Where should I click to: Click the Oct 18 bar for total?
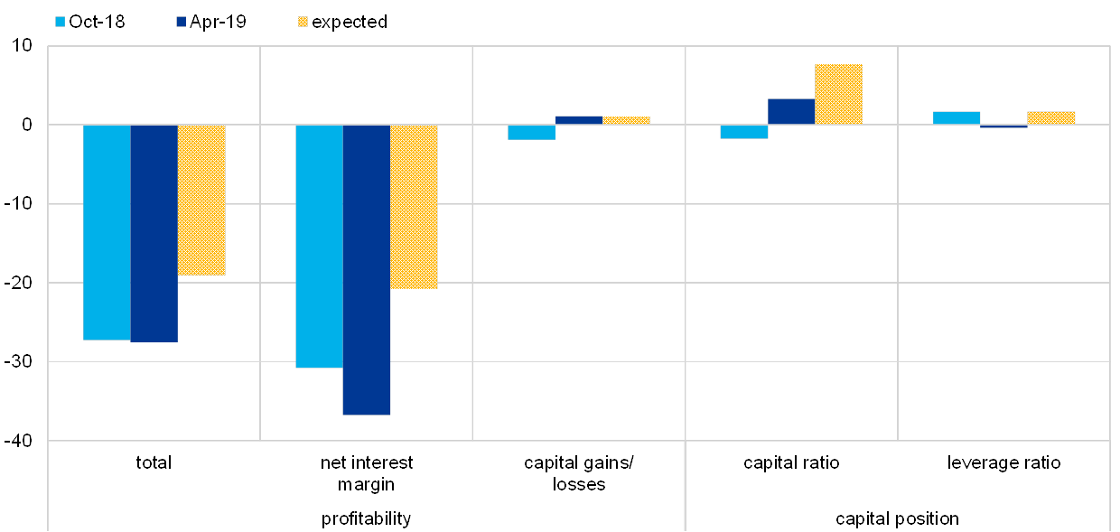click(x=107, y=232)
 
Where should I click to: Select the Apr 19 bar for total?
click(x=154, y=233)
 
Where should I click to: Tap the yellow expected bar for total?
click(x=201, y=200)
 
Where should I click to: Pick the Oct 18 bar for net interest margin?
click(x=319, y=246)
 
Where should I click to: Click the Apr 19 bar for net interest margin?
click(x=367, y=269)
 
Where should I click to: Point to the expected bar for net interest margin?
click(x=414, y=207)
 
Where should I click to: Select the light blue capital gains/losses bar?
click(x=531, y=132)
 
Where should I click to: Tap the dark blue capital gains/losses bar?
click(x=579, y=119)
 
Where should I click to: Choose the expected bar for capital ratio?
click(x=838, y=94)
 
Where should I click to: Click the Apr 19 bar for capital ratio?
click(x=791, y=111)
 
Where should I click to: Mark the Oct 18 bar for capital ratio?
click(x=743, y=132)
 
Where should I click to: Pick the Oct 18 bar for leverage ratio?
click(x=957, y=117)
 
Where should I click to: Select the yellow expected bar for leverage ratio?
click(x=1051, y=117)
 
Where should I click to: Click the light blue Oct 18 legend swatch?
click(x=61, y=22)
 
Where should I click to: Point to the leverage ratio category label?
click(x=1004, y=463)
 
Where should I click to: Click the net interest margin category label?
click(x=367, y=472)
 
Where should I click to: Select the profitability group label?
click(x=367, y=519)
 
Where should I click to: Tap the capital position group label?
click(x=897, y=519)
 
